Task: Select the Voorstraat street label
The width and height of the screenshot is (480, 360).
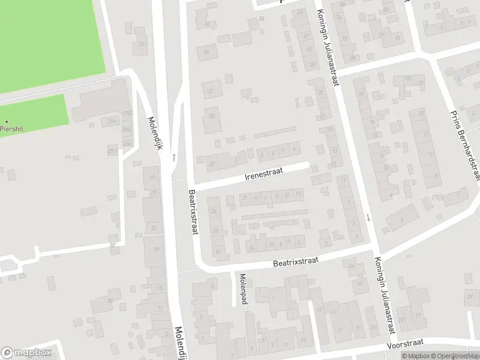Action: (406, 343)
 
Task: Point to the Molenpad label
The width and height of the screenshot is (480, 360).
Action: (244, 289)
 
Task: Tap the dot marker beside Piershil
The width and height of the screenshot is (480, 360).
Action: (7, 121)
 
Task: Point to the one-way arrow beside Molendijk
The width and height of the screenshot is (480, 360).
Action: (174, 157)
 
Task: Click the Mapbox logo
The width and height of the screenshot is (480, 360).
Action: (26, 353)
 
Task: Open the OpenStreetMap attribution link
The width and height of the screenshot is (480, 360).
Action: (455, 356)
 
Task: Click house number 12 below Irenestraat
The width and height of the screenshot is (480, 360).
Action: (298, 194)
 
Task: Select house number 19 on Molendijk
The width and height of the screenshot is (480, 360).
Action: (156, 249)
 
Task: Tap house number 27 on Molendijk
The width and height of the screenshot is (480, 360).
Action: (152, 178)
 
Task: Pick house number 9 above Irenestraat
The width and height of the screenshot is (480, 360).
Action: (294, 149)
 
